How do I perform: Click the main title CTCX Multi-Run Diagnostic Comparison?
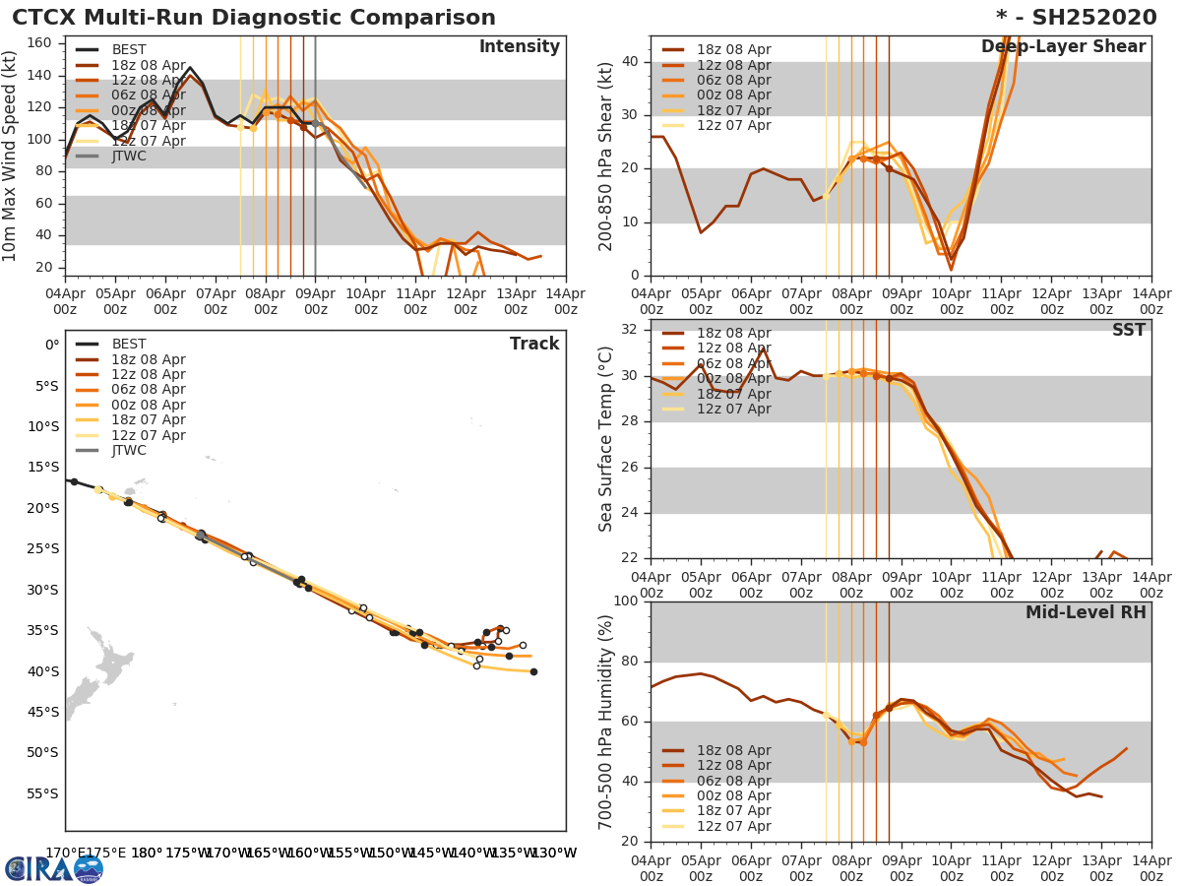point(254,18)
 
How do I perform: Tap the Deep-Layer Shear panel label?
point(1063,47)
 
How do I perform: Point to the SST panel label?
point(1128,331)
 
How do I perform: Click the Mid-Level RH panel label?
point(1086,612)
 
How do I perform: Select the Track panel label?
point(533,344)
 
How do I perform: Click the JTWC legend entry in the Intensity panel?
point(129,156)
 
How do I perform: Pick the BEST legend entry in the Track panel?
point(129,344)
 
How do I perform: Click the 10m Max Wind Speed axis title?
point(11,157)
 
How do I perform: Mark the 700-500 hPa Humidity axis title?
point(606,722)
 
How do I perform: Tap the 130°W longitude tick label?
point(554,854)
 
